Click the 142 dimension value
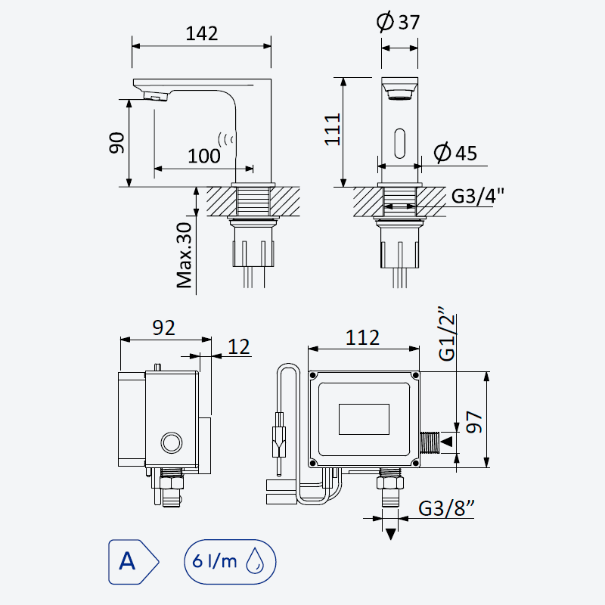[x=202, y=33]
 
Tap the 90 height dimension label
[x=116, y=143]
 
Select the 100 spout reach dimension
[x=204, y=157]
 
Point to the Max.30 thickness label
[x=184, y=255]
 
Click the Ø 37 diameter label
[x=398, y=22]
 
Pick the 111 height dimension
[x=332, y=129]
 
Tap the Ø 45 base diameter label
[x=455, y=153]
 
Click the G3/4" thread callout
[x=478, y=196]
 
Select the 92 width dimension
[x=163, y=328]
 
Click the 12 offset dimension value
[x=239, y=346]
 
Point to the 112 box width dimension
[x=362, y=337]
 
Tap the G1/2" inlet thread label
[x=448, y=334]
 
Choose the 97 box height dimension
[x=474, y=422]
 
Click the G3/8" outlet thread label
[x=446, y=508]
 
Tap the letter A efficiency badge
[x=134, y=562]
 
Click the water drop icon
[x=255, y=560]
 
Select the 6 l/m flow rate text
[x=215, y=560]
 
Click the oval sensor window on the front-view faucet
[x=400, y=144]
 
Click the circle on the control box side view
[x=172, y=442]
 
